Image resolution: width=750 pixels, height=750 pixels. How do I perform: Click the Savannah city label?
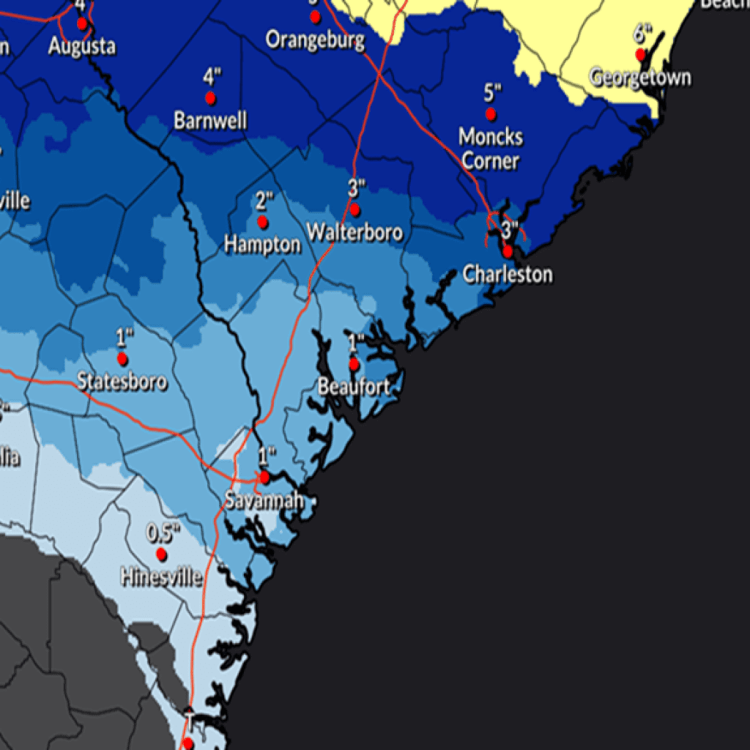(x=264, y=502)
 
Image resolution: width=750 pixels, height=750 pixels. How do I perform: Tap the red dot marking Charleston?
(x=508, y=251)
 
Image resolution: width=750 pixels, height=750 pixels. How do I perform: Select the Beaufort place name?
(x=354, y=386)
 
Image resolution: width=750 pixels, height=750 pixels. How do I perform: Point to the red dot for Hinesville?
(x=161, y=554)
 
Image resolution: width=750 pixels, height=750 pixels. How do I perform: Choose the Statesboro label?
(x=122, y=382)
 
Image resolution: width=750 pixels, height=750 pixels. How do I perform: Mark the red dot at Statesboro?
(x=122, y=359)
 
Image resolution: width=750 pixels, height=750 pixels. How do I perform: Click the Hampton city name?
(x=262, y=245)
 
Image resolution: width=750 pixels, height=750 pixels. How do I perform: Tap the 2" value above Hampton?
(x=264, y=200)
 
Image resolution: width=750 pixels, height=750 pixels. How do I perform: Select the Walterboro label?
(x=354, y=232)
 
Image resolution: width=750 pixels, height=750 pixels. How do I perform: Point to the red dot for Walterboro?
(x=354, y=209)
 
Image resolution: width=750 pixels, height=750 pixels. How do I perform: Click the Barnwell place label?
(x=210, y=120)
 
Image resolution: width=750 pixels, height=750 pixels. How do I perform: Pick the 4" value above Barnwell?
(x=212, y=76)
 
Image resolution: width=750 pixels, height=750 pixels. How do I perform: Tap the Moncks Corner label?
(x=491, y=149)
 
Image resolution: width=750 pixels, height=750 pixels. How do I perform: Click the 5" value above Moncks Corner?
(x=492, y=92)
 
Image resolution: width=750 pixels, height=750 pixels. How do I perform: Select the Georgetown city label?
(x=640, y=77)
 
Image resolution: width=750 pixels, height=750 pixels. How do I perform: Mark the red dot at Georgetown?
(x=640, y=54)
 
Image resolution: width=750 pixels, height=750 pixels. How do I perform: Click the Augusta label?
(x=82, y=46)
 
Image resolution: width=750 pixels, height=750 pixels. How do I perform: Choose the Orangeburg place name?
(x=315, y=39)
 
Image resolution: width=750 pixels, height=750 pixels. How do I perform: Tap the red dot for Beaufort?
(x=354, y=363)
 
